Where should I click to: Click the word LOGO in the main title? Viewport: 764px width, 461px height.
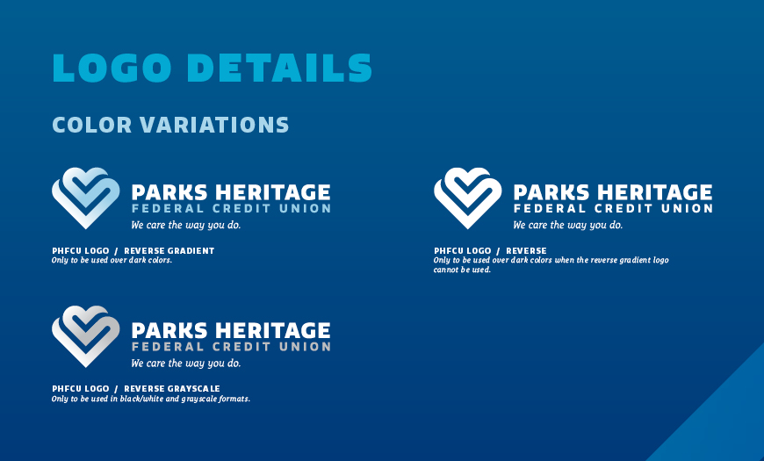pos(112,68)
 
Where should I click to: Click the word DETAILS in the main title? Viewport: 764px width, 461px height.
pos(279,68)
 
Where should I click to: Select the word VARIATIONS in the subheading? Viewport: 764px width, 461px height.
pos(214,125)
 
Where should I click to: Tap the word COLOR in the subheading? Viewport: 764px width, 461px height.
pos(92,125)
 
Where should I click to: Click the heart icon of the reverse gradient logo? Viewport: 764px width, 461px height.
pos(86,198)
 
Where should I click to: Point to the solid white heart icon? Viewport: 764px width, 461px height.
pos(468,198)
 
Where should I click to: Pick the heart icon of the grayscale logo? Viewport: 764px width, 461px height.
pos(86,336)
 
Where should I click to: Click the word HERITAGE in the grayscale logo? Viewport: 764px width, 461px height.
pos(273,330)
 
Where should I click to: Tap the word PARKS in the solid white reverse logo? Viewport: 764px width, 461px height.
pos(551,192)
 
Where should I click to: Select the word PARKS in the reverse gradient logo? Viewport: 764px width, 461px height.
pos(169,192)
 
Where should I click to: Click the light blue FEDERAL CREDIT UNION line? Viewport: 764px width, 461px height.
pos(232,209)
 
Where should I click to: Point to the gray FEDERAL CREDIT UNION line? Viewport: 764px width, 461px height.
pos(232,347)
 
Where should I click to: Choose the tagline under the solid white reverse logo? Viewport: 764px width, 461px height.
pos(567,225)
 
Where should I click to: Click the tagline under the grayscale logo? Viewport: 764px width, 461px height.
pos(185,364)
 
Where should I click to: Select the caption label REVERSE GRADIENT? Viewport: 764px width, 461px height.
pos(169,251)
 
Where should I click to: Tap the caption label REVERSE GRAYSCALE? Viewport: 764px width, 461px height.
pos(172,389)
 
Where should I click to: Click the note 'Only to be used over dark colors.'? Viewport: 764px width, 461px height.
pos(112,260)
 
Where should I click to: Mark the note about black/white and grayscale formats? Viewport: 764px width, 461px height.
pos(151,399)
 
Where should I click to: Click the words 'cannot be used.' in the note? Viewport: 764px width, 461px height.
pos(462,270)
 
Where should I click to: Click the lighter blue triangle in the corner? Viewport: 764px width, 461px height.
pos(721,419)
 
